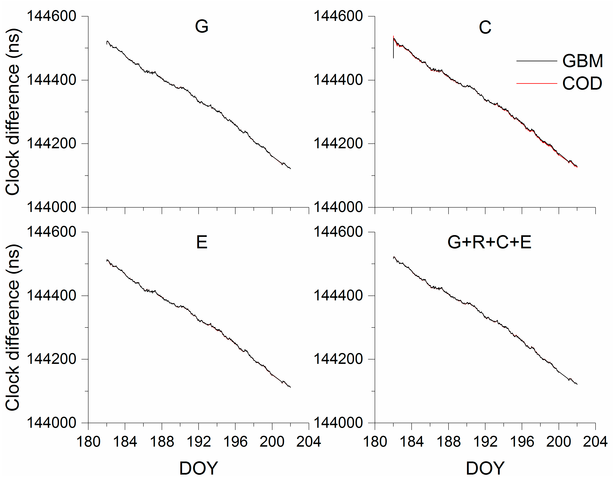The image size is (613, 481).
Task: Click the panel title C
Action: tap(485, 27)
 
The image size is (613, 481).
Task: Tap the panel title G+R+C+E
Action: tap(489, 242)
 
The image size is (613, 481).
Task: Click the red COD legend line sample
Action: tap(537, 84)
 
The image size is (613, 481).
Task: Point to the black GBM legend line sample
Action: tap(537, 61)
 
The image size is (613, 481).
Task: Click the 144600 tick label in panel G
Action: tap(52, 16)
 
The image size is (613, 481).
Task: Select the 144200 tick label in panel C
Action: tap(338, 144)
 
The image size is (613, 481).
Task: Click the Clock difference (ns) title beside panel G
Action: tap(13, 112)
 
